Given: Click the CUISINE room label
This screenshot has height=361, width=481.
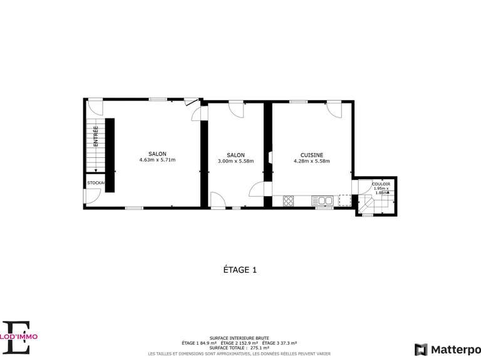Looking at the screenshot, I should [x=311, y=155].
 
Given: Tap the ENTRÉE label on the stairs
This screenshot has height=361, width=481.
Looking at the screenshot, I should [x=96, y=137].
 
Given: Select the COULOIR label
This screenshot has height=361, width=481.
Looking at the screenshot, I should [x=381, y=184].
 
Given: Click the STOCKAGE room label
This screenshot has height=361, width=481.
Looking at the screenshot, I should [x=96, y=182].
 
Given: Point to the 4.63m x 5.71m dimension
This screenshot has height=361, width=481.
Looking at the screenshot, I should [x=157, y=160].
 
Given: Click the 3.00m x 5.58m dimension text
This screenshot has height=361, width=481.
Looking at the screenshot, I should [x=235, y=161].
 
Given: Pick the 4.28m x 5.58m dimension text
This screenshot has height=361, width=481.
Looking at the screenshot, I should [x=311, y=161].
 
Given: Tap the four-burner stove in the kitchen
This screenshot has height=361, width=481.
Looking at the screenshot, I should [x=289, y=201].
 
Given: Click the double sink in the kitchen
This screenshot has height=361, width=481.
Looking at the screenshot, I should [x=324, y=201].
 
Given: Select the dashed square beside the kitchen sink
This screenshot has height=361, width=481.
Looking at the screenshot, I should [x=344, y=200].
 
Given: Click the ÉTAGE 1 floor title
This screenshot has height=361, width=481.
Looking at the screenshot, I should [x=240, y=270].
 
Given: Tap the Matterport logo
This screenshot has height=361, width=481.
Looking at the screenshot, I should [x=447, y=349].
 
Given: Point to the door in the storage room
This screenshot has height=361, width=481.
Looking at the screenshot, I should [x=91, y=196].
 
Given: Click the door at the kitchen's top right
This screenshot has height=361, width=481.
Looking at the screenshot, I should [x=335, y=108].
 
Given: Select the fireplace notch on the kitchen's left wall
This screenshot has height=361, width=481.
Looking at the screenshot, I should [x=269, y=157].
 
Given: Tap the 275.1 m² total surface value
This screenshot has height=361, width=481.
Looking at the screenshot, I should [x=259, y=348].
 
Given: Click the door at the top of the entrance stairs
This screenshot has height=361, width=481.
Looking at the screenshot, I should [x=95, y=104].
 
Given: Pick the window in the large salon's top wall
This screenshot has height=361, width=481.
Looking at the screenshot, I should [x=158, y=100].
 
